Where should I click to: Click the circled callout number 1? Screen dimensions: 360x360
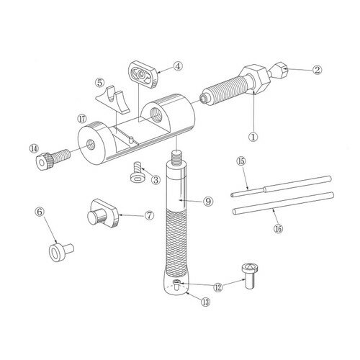[253, 133]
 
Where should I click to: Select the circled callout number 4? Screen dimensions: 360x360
[177, 67]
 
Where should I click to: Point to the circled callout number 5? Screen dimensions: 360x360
[100, 84]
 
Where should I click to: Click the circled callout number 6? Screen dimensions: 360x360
[40, 212]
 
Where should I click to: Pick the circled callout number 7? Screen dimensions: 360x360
[149, 215]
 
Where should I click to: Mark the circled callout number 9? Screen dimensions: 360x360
[207, 201]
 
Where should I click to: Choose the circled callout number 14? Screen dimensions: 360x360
[33, 148]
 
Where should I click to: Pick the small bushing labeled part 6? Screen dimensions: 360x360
[56, 251]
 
